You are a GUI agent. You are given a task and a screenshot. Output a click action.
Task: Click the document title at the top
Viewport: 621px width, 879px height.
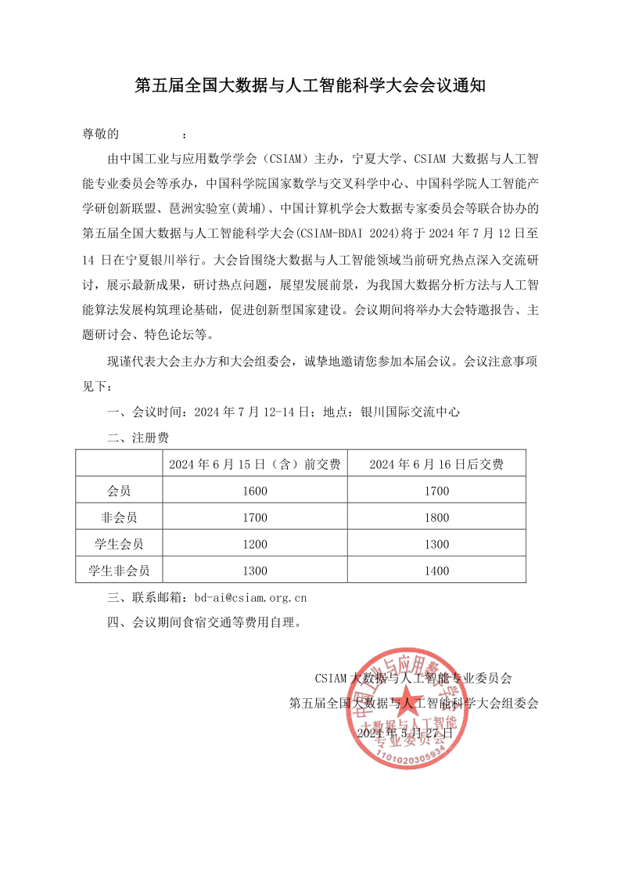tap(310, 85)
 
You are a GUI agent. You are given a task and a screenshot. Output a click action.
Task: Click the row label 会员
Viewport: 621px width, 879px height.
tap(119, 492)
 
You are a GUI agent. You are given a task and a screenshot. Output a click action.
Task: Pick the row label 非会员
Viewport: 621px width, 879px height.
tap(119, 517)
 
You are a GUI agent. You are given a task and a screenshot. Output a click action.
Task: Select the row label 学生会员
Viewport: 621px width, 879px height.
tap(119, 544)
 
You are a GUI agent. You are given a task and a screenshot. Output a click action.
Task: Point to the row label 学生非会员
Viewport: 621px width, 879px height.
tap(119, 571)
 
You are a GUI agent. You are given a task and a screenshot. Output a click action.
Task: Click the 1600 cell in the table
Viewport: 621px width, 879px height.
tap(255, 492)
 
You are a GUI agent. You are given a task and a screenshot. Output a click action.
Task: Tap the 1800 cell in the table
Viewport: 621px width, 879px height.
tap(436, 517)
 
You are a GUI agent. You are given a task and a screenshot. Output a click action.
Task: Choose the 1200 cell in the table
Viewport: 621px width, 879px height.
tap(255, 544)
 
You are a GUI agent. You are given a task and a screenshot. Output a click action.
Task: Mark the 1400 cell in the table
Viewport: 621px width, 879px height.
tap(436, 571)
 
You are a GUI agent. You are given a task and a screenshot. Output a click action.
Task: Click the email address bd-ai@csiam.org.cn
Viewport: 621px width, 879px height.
tap(249, 598)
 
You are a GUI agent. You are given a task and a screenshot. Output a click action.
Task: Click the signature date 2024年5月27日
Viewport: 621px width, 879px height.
tap(404, 733)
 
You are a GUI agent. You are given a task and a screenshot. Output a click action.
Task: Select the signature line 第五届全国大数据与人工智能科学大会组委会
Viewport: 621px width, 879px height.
tap(414, 703)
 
